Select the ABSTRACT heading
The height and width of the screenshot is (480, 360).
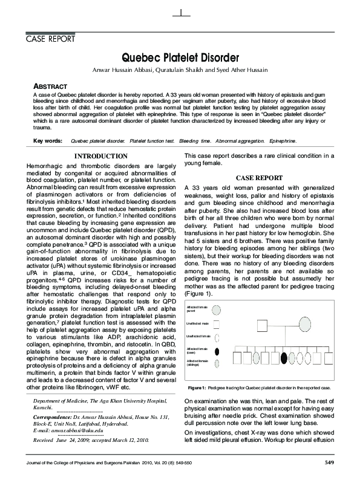tap(51, 87)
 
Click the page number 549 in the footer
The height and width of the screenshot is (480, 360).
tap(326, 463)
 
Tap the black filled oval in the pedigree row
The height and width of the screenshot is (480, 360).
tap(284, 358)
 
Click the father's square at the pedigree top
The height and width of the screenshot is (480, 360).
tap(262, 326)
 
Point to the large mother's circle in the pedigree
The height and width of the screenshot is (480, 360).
tap(305, 324)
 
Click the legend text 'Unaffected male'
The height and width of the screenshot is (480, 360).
tap(197, 324)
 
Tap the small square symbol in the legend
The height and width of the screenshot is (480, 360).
tap(216, 325)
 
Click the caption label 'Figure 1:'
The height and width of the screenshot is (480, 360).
tap(198, 387)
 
